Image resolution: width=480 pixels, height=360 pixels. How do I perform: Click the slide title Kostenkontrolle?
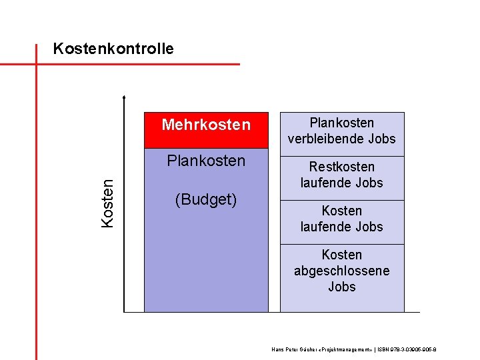pyautogui.click(x=113, y=49)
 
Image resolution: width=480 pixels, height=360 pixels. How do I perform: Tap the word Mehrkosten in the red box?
pyautogui.click(x=206, y=125)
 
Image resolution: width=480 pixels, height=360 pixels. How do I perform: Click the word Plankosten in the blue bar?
pyautogui.click(x=206, y=161)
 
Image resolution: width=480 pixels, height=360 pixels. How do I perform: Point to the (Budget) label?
pyautogui.click(x=206, y=199)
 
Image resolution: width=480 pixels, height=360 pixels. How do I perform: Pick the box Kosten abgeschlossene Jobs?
pyautogui.click(x=341, y=277)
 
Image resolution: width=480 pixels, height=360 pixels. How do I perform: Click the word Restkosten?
pyautogui.click(x=341, y=167)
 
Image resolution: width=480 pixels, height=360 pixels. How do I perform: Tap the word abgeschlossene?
pyautogui.click(x=341, y=271)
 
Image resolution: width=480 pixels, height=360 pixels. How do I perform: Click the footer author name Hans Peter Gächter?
pyautogui.click(x=294, y=349)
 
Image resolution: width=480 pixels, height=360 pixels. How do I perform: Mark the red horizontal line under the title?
pyautogui.click(x=133, y=64)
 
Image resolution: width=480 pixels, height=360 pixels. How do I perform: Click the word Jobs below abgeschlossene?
pyautogui.click(x=341, y=287)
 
